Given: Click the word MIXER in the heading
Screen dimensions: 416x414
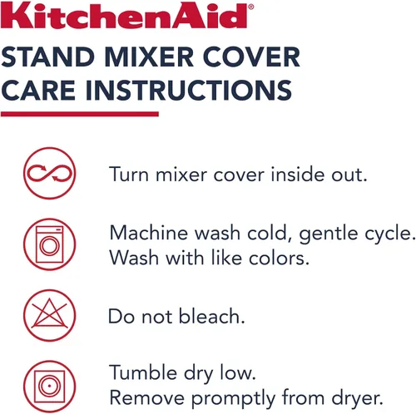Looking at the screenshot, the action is pyautogui.click(x=149, y=57).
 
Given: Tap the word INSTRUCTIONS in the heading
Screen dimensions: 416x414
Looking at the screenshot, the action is pyautogui.click(x=189, y=90).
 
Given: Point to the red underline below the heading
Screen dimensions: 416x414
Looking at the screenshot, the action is pyautogui.click(x=80, y=114).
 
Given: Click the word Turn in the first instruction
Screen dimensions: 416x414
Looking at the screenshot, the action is pyautogui.click(x=129, y=175).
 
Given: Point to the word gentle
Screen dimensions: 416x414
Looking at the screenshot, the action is pyautogui.click(x=329, y=234).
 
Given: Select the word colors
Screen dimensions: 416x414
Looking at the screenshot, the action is pyautogui.click(x=279, y=259).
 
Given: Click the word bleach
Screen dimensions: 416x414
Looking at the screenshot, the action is pyautogui.click(x=212, y=316).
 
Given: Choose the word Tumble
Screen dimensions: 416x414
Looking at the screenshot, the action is pyautogui.click(x=143, y=372).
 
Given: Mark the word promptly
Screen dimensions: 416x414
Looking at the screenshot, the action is pyautogui.click(x=233, y=399).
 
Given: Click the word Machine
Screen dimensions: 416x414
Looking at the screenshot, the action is pyautogui.click(x=149, y=233).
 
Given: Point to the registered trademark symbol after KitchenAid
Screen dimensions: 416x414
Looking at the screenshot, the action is pyautogui.click(x=250, y=7).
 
